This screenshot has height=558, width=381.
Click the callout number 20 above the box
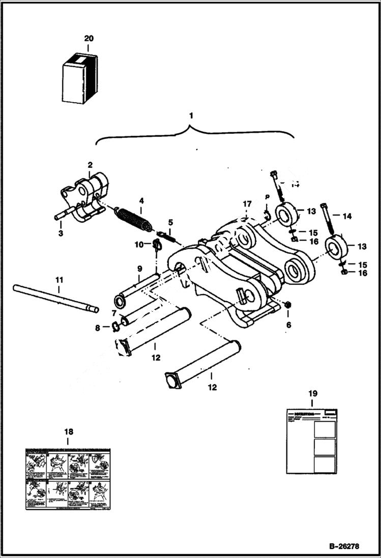(89, 39)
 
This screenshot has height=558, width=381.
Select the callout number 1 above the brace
(191, 116)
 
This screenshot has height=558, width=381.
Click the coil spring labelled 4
(132, 218)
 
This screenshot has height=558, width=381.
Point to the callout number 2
(90, 165)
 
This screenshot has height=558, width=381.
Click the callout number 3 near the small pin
(61, 233)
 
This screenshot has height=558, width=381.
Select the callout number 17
(247, 204)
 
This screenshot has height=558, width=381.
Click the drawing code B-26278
(344, 547)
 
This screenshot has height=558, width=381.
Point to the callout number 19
(312, 393)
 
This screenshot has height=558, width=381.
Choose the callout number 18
(68, 432)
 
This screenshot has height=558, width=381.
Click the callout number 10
(139, 245)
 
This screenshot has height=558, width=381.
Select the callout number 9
(139, 269)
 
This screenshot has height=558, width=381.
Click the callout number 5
(170, 222)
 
